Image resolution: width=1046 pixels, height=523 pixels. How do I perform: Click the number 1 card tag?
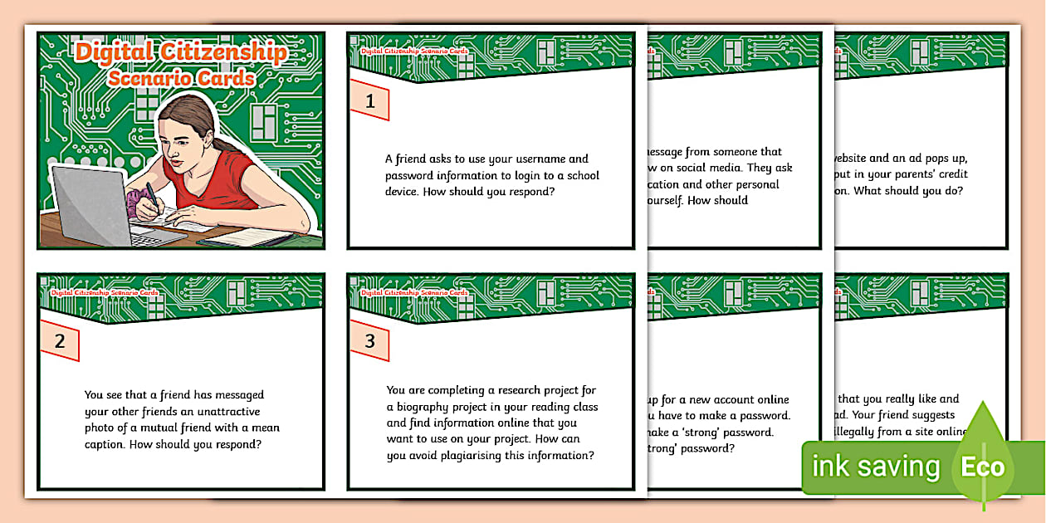click(370, 101)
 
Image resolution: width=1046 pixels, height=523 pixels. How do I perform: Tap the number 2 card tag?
click(60, 341)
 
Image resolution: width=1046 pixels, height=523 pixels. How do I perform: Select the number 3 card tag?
click(370, 341)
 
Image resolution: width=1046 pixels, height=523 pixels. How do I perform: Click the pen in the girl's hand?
click(152, 196)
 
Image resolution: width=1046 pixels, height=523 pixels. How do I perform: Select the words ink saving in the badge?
click(875, 467)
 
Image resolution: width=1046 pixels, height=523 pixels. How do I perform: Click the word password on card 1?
click(412, 175)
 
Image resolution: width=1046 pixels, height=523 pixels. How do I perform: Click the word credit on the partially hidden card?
click(951, 174)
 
